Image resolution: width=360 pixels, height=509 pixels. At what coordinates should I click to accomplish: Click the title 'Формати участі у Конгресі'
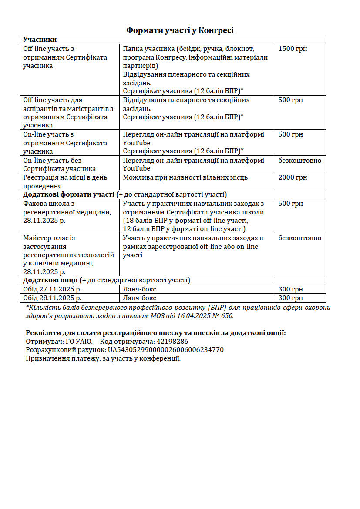180,30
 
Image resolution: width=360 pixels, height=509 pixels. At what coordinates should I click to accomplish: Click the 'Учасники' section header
40,40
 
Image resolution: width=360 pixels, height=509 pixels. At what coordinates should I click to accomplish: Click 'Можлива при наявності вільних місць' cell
185,177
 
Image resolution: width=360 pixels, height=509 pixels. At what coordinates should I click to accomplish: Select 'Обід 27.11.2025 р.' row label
52,289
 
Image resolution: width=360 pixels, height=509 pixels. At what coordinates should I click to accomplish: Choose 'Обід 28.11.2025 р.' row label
52,298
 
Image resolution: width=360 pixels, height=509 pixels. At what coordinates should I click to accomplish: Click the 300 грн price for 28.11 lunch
290,298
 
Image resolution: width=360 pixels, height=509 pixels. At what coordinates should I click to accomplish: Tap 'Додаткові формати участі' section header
69,194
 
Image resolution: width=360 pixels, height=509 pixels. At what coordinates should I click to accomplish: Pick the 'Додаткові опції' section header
51,280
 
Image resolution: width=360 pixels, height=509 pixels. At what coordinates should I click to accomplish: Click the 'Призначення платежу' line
103,358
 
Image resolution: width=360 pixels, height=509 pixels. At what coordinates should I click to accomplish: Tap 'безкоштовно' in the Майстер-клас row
299,238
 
